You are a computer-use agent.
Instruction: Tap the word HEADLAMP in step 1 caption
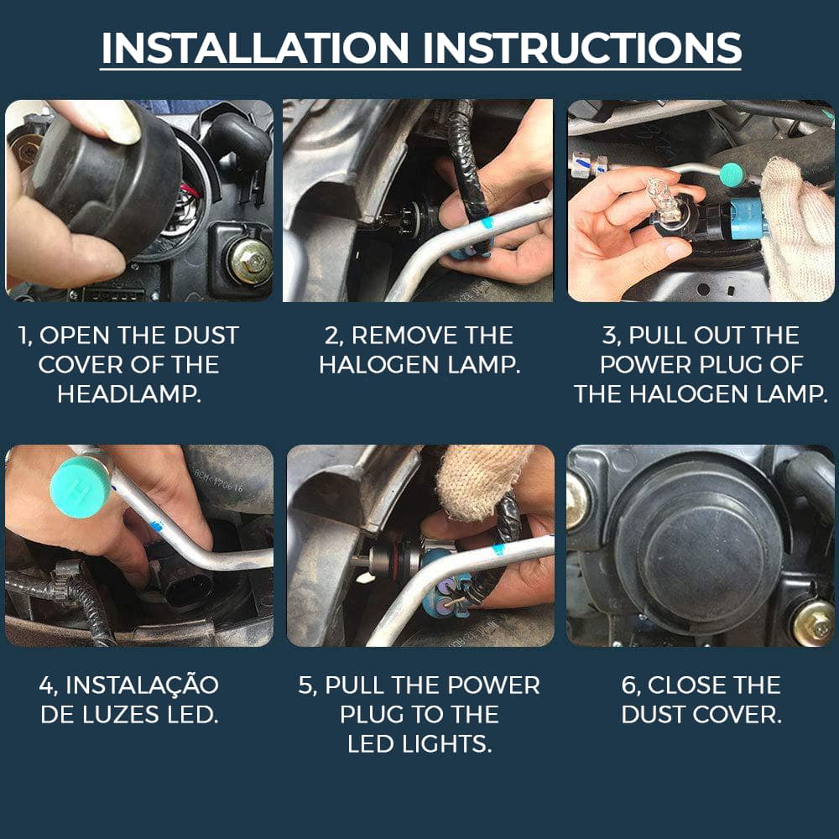pos(129,393)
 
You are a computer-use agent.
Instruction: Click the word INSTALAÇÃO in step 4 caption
pos(142,685)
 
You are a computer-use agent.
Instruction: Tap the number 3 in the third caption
pos(608,336)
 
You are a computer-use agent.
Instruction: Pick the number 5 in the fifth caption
pos(305,685)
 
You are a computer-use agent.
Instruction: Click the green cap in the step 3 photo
pos(733,175)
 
